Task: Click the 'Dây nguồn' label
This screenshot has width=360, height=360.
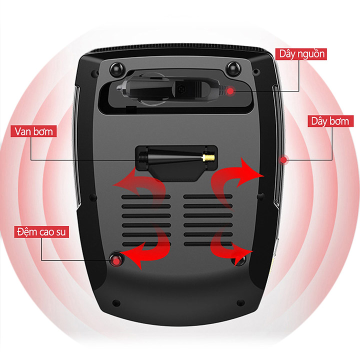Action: [301, 54]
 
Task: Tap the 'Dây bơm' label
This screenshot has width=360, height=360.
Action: [330, 121]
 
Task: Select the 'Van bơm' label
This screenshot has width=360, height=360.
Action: [33, 131]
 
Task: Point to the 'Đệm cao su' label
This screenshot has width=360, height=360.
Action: [41, 231]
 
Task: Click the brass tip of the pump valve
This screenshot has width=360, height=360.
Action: [208, 157]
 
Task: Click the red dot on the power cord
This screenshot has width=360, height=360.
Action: [230, 91]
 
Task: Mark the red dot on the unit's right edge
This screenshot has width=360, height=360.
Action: [284, 160]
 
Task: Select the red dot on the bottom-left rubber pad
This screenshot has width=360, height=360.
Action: [116, 261]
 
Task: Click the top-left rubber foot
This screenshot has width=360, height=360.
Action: [117, 69]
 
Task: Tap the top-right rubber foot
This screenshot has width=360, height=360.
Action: [233, 68]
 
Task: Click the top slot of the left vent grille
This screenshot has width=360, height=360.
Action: [146, 197]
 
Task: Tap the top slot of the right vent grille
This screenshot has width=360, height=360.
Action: [208, 196]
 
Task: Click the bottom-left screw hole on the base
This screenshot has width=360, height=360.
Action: [116, 303]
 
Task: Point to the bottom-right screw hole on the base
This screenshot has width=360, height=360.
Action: [240, 303]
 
